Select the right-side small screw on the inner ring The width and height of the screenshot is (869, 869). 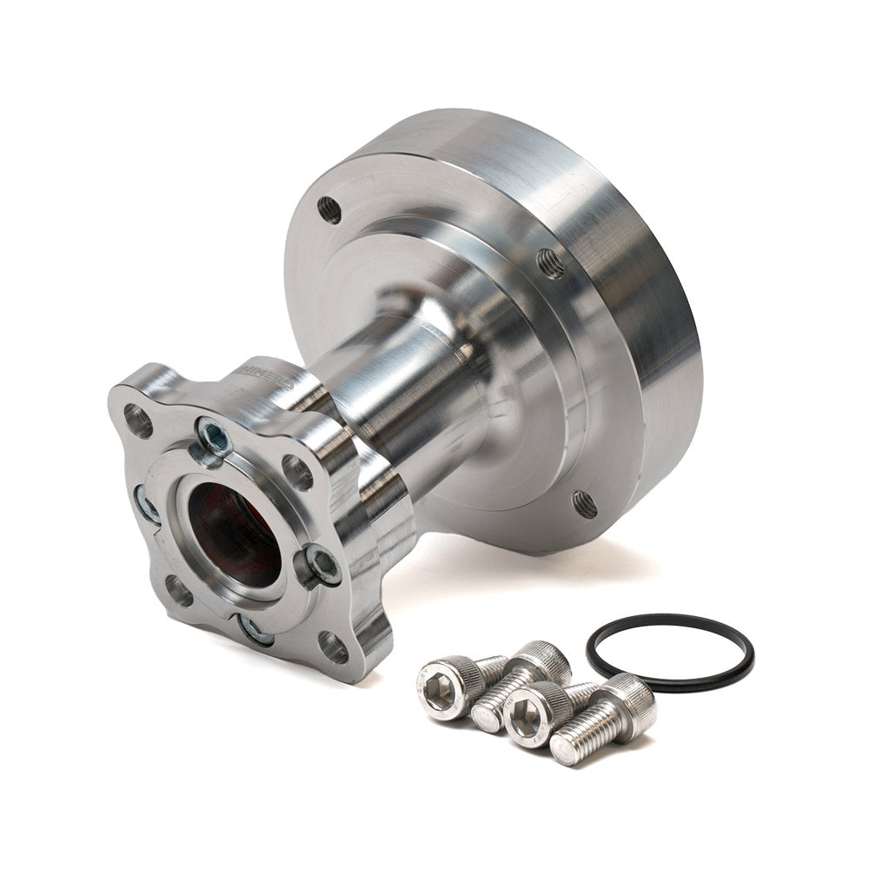click(322, 565)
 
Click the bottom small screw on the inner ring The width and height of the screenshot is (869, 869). click(255, 630)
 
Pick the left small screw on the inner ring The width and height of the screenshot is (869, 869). click(146, 504)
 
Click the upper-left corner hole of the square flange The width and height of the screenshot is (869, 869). click(137, 421)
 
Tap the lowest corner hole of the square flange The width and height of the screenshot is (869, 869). click(332, 647)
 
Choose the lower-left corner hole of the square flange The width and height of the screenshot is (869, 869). click(179, 591)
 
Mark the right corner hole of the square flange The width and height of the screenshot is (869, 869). click(297, 471)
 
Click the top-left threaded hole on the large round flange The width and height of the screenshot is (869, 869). click(329, 209)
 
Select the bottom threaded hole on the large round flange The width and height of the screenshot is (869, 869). click(584, 504)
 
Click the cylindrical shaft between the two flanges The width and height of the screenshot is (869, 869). click(408, 391)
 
